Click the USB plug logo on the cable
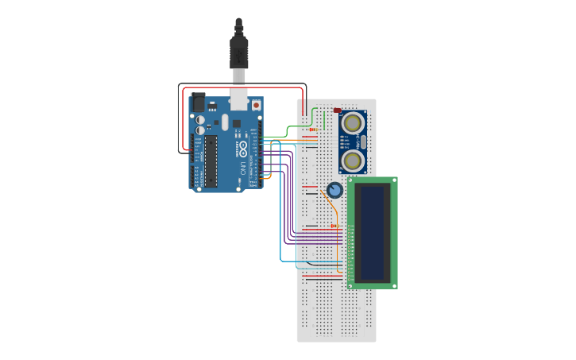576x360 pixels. click(238, 55)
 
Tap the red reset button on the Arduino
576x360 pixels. click(256, 105)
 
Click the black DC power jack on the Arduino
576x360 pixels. click(198, 102)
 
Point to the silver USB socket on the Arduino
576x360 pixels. click(238, 99)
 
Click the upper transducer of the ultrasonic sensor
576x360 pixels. click(352, 123)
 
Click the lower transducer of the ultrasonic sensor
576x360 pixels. click(352, 161)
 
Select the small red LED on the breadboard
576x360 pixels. click(338, 110)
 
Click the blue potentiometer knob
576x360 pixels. click(334, 190)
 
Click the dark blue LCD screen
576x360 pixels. click(373, 232)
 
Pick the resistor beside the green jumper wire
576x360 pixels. click(311, 130)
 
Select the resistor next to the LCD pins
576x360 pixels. click(334, 226)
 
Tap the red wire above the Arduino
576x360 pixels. click(242, 88)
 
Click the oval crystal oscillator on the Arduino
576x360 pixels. click(225, 122)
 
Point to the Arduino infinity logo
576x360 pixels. click(243, 149)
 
